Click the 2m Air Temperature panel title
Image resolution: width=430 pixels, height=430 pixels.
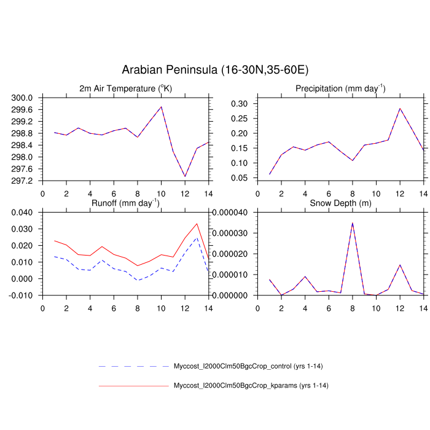126,88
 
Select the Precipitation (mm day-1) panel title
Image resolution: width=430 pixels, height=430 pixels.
340,88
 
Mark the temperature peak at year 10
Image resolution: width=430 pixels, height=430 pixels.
162,107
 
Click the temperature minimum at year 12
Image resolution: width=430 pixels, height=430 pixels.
185,177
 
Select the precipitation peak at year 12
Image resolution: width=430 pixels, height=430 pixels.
400,109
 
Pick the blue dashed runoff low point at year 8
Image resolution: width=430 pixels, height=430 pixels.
138,280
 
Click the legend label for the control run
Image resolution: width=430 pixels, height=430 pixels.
248,367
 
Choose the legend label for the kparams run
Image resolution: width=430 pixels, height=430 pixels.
249,386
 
